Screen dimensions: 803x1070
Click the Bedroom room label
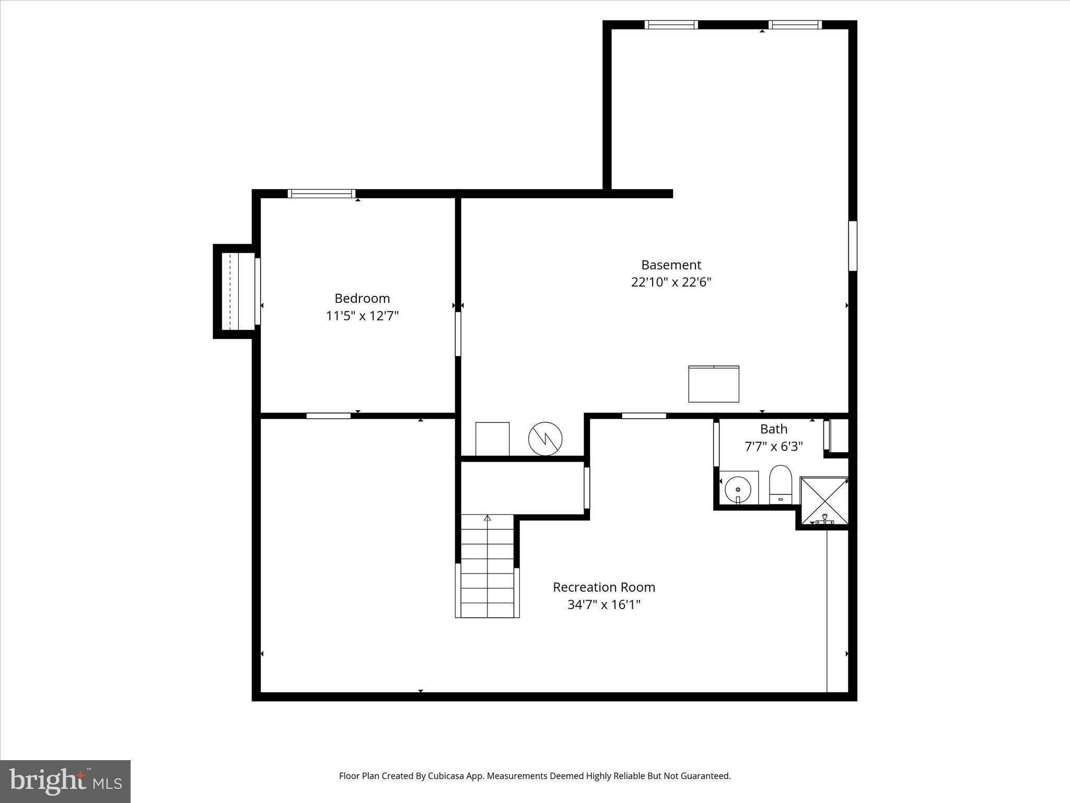click(x=362, y=299)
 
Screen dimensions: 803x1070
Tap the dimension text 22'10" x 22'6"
click(x=671, y=282)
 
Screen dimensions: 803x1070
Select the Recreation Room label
click(x=604, y=587)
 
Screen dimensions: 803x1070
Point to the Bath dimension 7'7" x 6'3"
click(x=773, y=446)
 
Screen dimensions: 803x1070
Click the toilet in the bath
click(x=781, y=485)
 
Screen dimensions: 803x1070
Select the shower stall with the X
click(x=824, y=500)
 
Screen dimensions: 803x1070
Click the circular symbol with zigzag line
click(x=545, y=439)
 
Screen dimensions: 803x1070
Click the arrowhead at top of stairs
click(x=487, y=518)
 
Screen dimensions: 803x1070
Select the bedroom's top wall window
click(x=322, y=193)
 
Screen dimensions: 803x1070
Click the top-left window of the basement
click(x=671, y=25)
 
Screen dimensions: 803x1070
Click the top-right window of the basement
click(x=795, y=25)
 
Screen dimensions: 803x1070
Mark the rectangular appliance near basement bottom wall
click(x=714, y=384)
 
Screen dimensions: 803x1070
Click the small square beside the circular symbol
click(x=492, y=439)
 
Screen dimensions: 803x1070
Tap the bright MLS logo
click(x=65, y=781)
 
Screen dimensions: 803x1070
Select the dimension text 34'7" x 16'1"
click(x=604, y=605)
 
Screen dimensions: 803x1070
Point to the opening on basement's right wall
click(x=852, y=246)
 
